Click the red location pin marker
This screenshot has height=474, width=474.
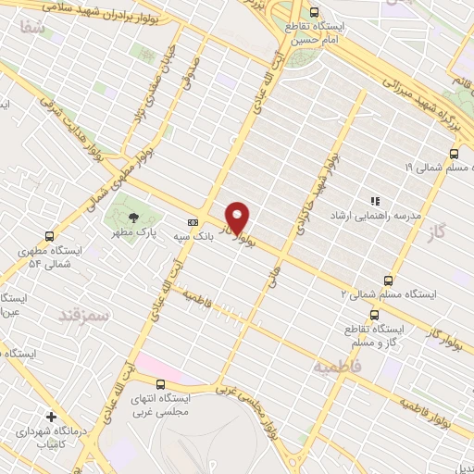point(238,218)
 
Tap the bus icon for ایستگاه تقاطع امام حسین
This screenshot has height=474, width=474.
point(316,13)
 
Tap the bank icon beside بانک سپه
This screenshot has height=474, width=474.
point(193,222)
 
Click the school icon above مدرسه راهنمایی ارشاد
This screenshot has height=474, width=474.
point(375,200)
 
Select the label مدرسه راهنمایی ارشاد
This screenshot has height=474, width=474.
point(376,215)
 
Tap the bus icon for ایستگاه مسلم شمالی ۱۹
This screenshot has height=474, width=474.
point(454,154)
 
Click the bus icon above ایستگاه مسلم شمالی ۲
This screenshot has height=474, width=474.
point(387,281)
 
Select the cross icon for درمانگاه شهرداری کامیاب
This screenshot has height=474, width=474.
point(51,417)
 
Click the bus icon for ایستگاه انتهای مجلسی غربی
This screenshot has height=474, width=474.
point(161,383)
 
